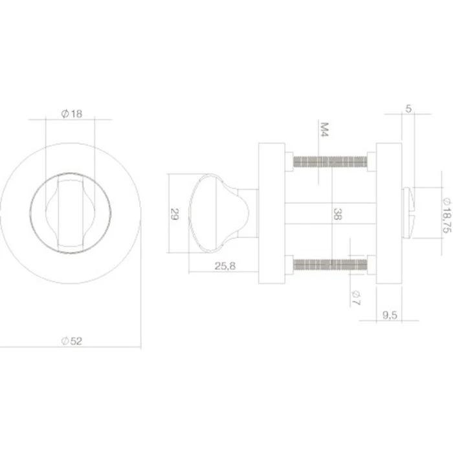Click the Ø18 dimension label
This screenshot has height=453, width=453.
pyautogui.click(x=71, y=114)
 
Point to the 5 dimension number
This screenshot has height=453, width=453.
pyautogui.click(x=406, y=109)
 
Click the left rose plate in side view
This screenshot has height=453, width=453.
pyautogui.click(x=271, y=213)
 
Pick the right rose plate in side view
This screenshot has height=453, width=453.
pyautogui.click(x=388, y=213)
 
